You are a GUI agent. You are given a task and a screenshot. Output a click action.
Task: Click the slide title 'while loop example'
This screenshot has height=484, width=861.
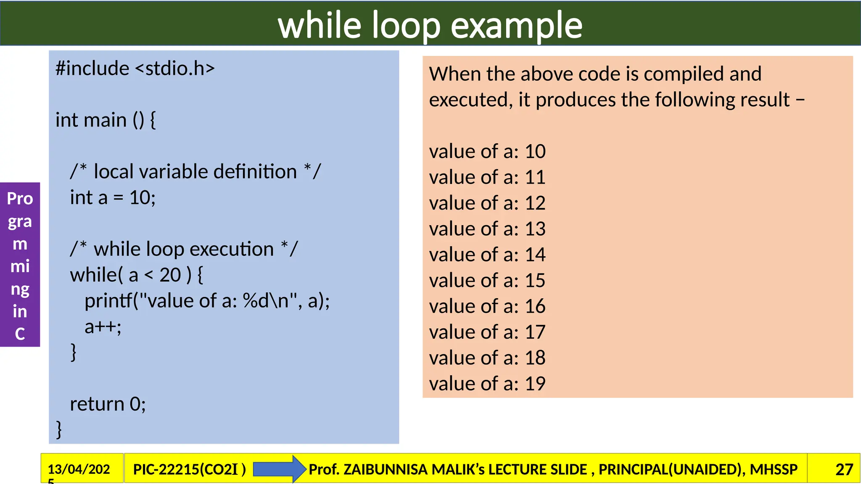tap(430, 25)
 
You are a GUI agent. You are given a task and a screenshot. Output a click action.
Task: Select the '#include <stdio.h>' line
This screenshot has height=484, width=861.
tap(135, 68)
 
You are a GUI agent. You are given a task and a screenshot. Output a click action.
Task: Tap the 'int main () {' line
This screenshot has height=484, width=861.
tap(106, 120)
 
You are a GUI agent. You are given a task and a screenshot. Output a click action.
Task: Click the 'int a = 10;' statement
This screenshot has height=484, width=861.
tap(113, 197)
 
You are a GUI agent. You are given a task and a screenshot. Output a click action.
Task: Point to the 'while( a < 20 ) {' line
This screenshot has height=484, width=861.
tap(137, 275)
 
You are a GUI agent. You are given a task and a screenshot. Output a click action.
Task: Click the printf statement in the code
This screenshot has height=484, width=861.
tap(207, 301)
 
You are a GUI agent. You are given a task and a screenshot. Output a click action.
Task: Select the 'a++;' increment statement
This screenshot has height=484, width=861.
tap(103, 327)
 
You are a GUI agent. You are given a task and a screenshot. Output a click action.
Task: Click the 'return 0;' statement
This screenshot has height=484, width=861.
tap(108, 404)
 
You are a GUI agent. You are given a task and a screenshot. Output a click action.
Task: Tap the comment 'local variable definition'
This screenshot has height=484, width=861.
tap(195, 172)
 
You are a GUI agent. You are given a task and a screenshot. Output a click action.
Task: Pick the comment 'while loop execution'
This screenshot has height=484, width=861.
tap(184, 249)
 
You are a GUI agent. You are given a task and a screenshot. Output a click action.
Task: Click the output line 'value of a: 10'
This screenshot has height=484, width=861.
tap(487, 152)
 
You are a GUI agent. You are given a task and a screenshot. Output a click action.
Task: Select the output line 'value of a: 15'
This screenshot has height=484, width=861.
tap(487, 281)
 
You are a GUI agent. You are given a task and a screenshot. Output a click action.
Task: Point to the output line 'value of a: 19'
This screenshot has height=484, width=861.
tap(487, 384)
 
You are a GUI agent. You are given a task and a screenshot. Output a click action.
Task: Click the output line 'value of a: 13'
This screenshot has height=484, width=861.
tap(487, 229)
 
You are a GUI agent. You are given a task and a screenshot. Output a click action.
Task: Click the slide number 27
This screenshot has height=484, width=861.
tap(844, 469)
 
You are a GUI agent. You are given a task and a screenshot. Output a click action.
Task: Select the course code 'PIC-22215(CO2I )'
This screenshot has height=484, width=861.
tap(189, 469)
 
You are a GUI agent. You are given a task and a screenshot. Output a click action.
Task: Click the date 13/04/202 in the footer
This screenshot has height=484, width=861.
tap(79, 469)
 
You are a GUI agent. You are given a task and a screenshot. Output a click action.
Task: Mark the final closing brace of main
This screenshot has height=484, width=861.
tap(59, 429)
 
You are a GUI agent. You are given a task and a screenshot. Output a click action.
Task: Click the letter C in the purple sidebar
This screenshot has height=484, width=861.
tap(20, 334)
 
